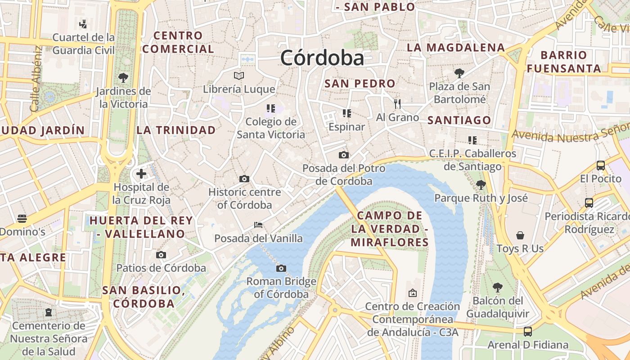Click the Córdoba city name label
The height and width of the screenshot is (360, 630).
coord(322,58)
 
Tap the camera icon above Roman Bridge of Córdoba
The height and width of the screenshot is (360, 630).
coord(281,269)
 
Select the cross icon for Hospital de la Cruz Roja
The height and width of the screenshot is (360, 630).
coord(141,174)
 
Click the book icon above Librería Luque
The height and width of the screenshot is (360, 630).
coord(239,76)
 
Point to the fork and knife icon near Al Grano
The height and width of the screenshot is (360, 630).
coord(397,104)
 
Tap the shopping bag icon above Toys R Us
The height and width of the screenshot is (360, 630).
coord(520,235)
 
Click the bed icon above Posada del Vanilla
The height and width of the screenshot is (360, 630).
coord(258,225)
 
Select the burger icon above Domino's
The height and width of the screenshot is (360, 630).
coord(22,219)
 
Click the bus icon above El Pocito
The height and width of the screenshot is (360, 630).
coord(600,166)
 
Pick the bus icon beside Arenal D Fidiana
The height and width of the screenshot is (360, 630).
coord(528,332)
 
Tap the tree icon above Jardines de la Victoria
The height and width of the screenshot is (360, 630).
coord(123,77)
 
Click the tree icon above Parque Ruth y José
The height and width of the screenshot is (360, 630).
coord(481,184)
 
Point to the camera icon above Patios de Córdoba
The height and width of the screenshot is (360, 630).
coord(161,255)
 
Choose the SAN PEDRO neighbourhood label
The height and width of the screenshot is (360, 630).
coord(360,83)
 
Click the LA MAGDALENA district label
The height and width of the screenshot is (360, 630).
coord(455,47)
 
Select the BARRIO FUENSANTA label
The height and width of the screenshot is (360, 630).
coord(564,62)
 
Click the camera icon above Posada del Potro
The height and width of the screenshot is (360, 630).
coord(344,155)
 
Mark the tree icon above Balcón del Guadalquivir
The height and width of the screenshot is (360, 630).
coord(497,287)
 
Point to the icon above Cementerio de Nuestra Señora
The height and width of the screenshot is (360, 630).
coord(49,312)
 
